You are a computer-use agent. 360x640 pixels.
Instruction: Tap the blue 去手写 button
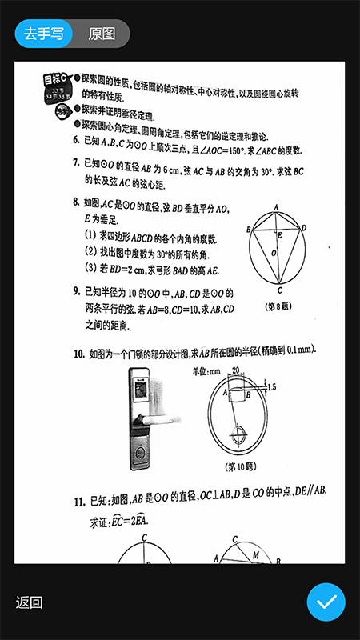click(x=43, y=34)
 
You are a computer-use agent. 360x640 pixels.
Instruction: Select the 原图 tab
click(x=102, y=34)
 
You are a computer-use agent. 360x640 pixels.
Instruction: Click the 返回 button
click(x=29, y=603)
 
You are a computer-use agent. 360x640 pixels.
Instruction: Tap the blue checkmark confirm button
click(x=326, y=603)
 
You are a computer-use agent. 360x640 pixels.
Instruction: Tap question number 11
click(x=79, y=502)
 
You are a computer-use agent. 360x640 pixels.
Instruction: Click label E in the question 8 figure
click(x=278, y=236)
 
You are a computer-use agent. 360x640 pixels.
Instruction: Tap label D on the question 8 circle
click(x=304, y=227)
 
